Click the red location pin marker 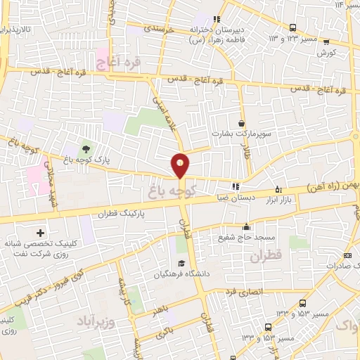click(181, 165)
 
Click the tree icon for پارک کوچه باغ click(85, 148)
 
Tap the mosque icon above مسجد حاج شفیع click(246, 226)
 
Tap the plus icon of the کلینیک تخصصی click(39, 233)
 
